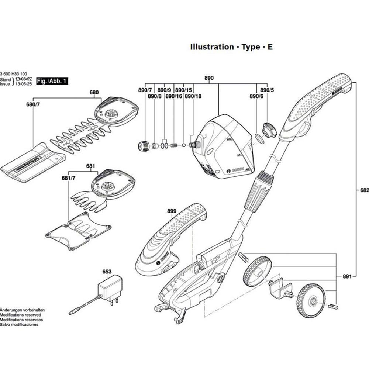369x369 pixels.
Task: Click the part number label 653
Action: click(x=107, y=272)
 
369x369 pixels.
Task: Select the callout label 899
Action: click(x=172, y=211)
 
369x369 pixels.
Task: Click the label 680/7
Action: click(x=33, y=105)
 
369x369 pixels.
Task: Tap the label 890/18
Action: click(x=193, y=96)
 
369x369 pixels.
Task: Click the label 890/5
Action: click(x=266, y=90)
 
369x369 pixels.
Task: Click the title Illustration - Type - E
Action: click(x=231, y=47)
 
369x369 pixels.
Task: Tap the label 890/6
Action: click(x=256, y=96)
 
